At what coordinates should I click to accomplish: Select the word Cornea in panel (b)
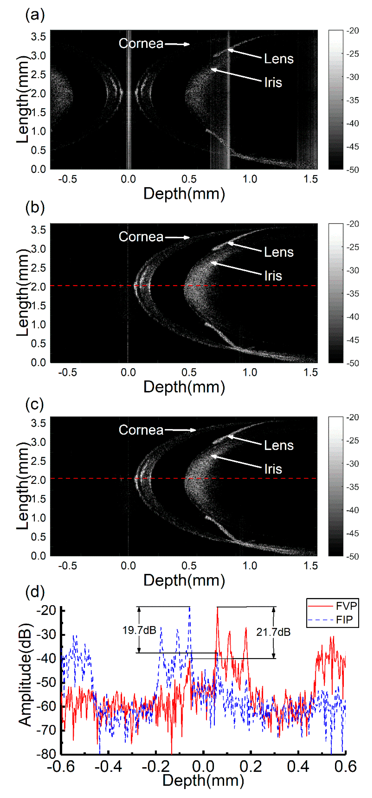(x=141, y=237)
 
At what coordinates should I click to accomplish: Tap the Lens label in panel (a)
(x=279, y=59)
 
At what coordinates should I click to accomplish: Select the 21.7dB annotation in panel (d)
(x=273, y=632)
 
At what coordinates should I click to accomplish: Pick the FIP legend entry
(x=344, y=619)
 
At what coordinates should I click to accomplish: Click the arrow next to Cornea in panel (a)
(x=177, y=44)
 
